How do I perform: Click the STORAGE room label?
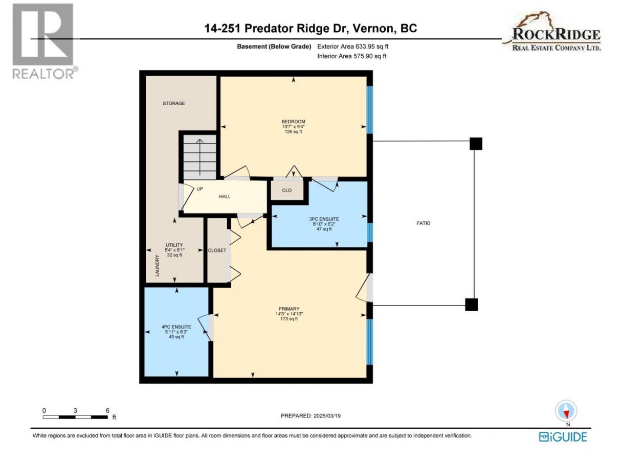click(x=174, y=104)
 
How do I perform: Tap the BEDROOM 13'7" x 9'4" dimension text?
click(x=293, y=127)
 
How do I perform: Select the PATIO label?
click(x=423, y=223)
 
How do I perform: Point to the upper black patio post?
click(x=476, y=144)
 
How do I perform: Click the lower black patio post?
click(x=471, y=305)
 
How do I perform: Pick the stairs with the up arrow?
click(x=200, y=157)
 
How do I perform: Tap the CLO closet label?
click(x=287, y=191)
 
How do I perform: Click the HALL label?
click(x=225, y=197)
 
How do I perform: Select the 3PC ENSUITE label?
click(x=324, y=219)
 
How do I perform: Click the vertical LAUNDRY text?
click(x=157, y=265)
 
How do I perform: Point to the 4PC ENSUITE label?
click(x=176, y=327)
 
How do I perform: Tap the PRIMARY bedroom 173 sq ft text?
click(x=289, y=319)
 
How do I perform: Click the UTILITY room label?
click(x=174, y=245)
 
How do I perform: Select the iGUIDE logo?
click(x=563, y=437)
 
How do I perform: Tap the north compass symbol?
click(x=566, y=410)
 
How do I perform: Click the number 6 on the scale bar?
click(x=107, y=410)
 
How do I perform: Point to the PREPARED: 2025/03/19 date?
click(x=310, y=416)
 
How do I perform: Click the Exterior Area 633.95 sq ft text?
click(x=353, y=46)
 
